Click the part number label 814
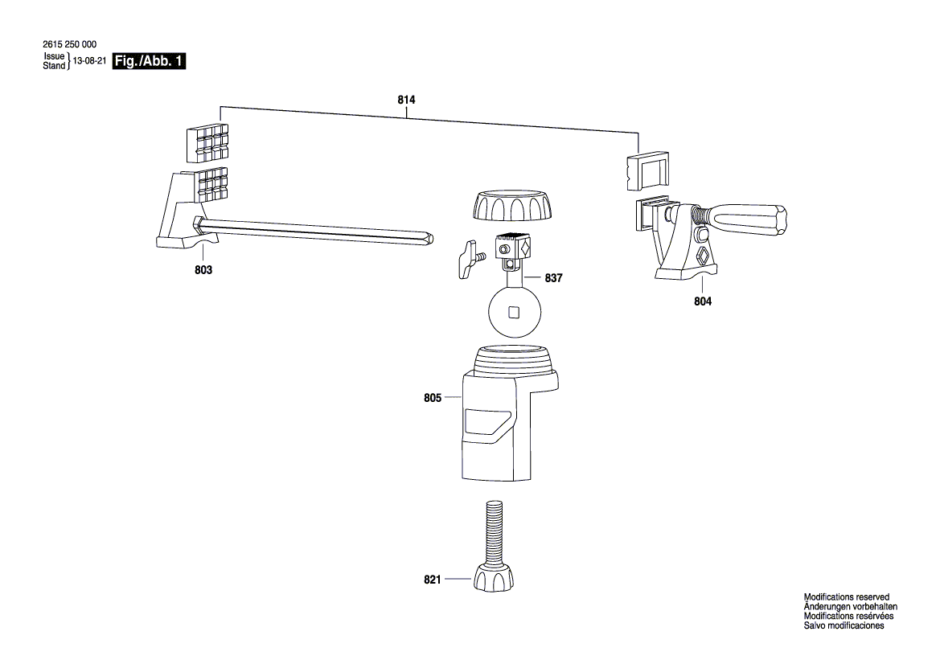coord(406,100)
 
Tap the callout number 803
coord(203,270)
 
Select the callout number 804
coord(703,301)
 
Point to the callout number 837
coord(553,278)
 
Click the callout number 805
coord(433,398)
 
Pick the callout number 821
coord(433,580)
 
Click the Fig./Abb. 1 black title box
coord(149,61)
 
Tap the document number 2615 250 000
coord(69,44)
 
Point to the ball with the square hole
coord(515,313)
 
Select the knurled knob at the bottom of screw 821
coord(494,578)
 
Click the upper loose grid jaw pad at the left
coord(207,144)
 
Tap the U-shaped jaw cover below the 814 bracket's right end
coord(647,171)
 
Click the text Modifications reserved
coord(846,597)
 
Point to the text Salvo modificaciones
coord(844,625)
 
